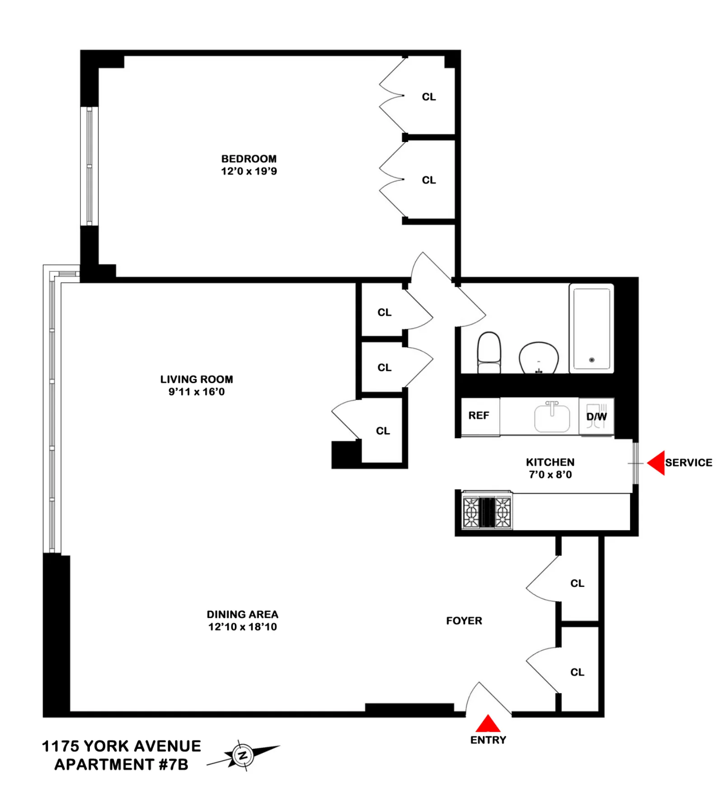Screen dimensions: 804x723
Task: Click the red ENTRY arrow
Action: pyautogui.click(x=488, y=724)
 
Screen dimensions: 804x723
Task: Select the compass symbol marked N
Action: pyautogui.click(x=243, y=755)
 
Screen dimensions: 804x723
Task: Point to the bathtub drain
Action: pyautogui.click(x=592, y=360)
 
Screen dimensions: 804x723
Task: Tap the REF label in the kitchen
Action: pyautogui.click(x=479, y=416)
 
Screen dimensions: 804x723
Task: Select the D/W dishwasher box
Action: pyautogui.click(x=596, y=416)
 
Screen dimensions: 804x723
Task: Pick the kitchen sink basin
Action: pyautogui.click(x=552, y=418)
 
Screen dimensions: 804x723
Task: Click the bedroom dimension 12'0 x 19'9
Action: pyautogui.click(x=249, y=171)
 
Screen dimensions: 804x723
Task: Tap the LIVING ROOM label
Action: pyautogui.click(x=197, y=379)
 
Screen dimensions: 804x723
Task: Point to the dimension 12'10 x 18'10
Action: pyautogui.click(x=242, y=627)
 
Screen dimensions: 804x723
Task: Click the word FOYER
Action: pyautogui.click(x=464, y=621)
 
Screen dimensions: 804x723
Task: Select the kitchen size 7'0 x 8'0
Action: pyautogui.click(x=550, y=474)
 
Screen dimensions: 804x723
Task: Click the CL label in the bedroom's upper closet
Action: pyautogui.click(x=429, y=97)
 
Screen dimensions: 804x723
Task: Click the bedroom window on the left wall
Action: pyautogui.click(x=89, y=166)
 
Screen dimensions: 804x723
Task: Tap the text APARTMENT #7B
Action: pyautogui.click(x=121, y=765)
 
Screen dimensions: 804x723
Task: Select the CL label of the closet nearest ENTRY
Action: pyautogui.click(x=577, y=672)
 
